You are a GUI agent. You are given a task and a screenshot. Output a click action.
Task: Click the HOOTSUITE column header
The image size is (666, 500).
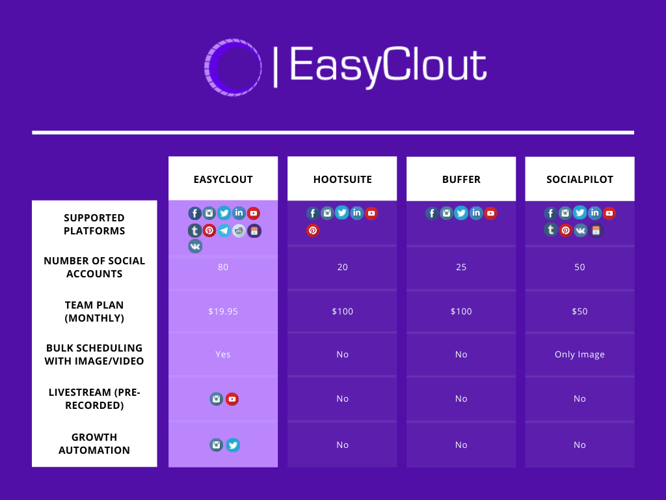click(342, 180)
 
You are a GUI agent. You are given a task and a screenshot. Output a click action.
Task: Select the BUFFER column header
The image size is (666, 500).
click(461, 180)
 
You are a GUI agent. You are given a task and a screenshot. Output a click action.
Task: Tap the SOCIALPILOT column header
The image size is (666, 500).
click(579, 180)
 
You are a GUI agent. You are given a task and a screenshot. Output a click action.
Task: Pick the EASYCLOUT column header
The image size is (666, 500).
click(223, 180)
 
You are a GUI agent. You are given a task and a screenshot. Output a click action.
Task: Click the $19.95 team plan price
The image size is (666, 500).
click(223, 311)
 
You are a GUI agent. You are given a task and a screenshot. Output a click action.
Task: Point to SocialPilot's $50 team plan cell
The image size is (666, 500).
click(579, 311)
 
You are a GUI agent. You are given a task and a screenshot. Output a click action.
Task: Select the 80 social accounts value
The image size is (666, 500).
click(223, 267)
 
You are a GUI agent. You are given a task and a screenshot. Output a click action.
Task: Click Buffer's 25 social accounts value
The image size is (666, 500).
click(461, 267)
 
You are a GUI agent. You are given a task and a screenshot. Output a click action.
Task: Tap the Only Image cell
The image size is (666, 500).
click(579, 355)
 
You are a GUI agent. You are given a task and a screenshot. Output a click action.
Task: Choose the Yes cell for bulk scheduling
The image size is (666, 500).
click(223, 354)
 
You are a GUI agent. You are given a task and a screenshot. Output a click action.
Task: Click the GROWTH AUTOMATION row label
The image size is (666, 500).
click(94, 443)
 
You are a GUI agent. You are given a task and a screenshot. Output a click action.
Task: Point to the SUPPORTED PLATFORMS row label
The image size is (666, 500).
click(94, 224)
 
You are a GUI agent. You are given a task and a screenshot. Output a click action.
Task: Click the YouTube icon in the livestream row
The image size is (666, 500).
click(232, 399)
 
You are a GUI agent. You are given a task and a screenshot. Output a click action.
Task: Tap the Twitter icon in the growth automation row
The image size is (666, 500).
click(233, 445)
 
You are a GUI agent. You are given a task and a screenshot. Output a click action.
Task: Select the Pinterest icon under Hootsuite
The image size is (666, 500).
click(313, 230)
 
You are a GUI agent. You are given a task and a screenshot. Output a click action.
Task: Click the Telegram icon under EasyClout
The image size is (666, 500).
click(224, 230)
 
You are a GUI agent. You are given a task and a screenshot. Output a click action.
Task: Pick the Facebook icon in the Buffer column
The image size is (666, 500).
click(432, 213)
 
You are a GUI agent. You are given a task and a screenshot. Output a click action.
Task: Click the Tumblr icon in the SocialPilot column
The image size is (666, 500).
click(551, 230)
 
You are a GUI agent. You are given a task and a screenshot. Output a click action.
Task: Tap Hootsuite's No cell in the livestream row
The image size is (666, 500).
click(342, 398)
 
